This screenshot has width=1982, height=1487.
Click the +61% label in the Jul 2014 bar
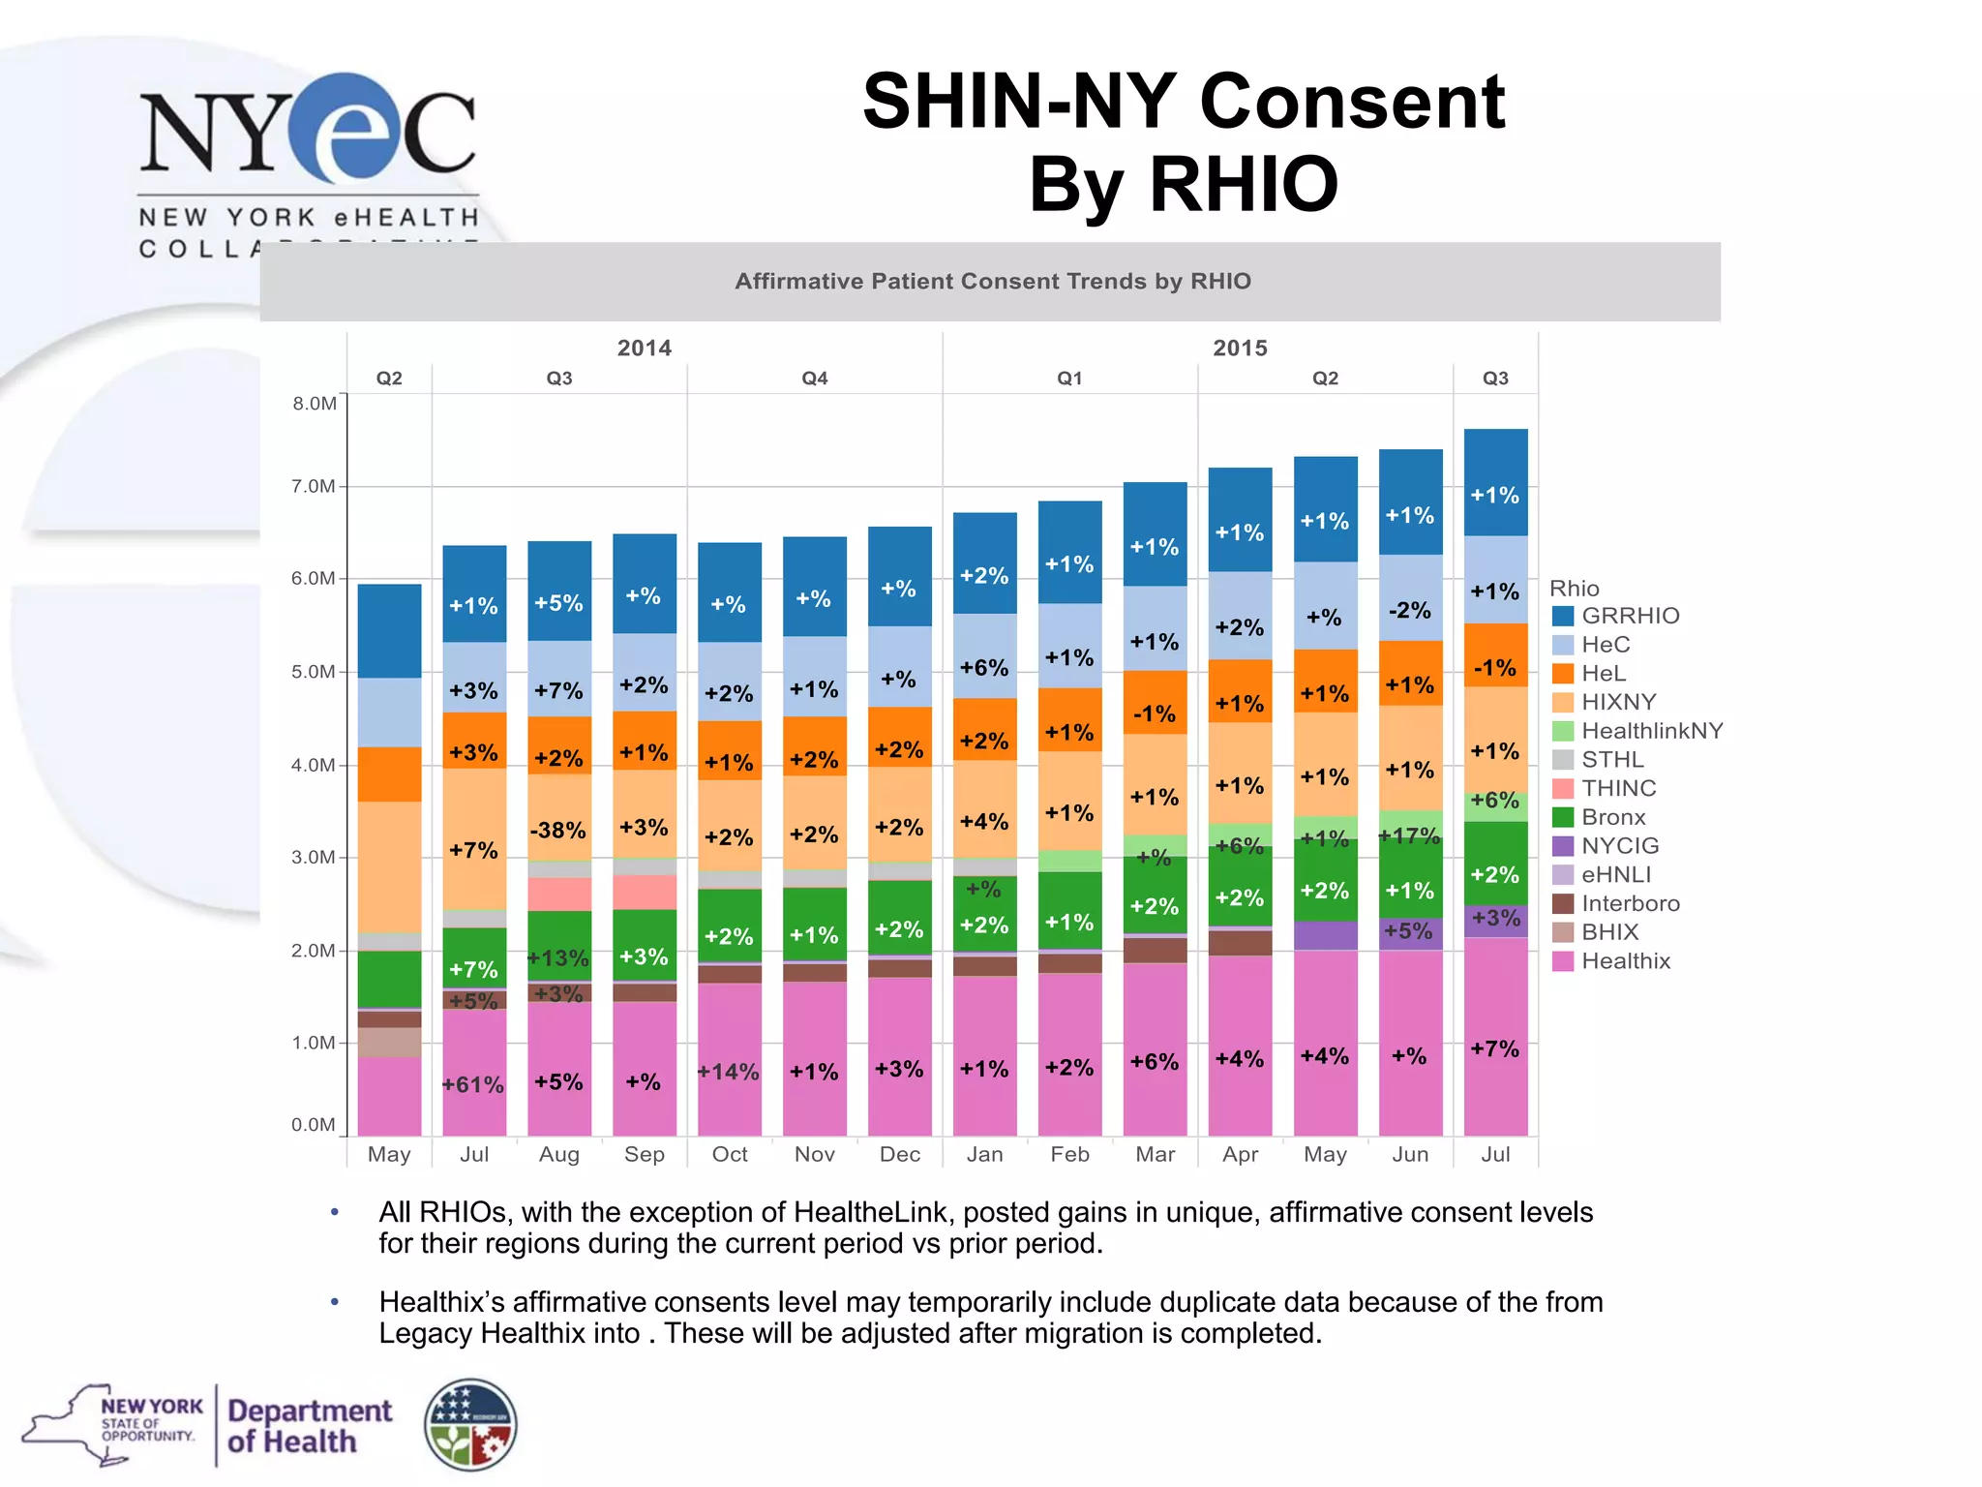(473, 1085)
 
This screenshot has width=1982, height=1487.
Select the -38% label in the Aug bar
(558, 831)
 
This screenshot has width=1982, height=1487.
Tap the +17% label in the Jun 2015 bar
(1410, 835)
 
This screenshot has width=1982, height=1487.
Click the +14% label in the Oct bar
(729, 1072)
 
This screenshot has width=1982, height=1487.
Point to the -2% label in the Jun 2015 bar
(1410, 611)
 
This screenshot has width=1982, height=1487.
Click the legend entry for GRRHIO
(1630, 616)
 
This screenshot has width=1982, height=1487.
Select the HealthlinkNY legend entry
(1651, 731)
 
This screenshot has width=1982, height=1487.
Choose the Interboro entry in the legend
(1630, 903)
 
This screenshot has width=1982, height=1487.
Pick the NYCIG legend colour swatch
(1563, 846)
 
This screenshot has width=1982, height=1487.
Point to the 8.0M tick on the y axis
(315, 404)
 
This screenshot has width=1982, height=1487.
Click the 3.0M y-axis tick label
(315, 858)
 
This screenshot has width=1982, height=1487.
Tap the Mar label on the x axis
(1155, 1154)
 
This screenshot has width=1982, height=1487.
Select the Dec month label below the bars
(899, 1154)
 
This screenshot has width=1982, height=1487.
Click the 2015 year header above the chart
(1240, 349)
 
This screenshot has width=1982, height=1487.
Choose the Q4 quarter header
(814, 379)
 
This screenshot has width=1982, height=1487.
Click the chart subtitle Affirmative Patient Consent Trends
(992, 282)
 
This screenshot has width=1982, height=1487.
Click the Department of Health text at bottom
(310, 1426)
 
